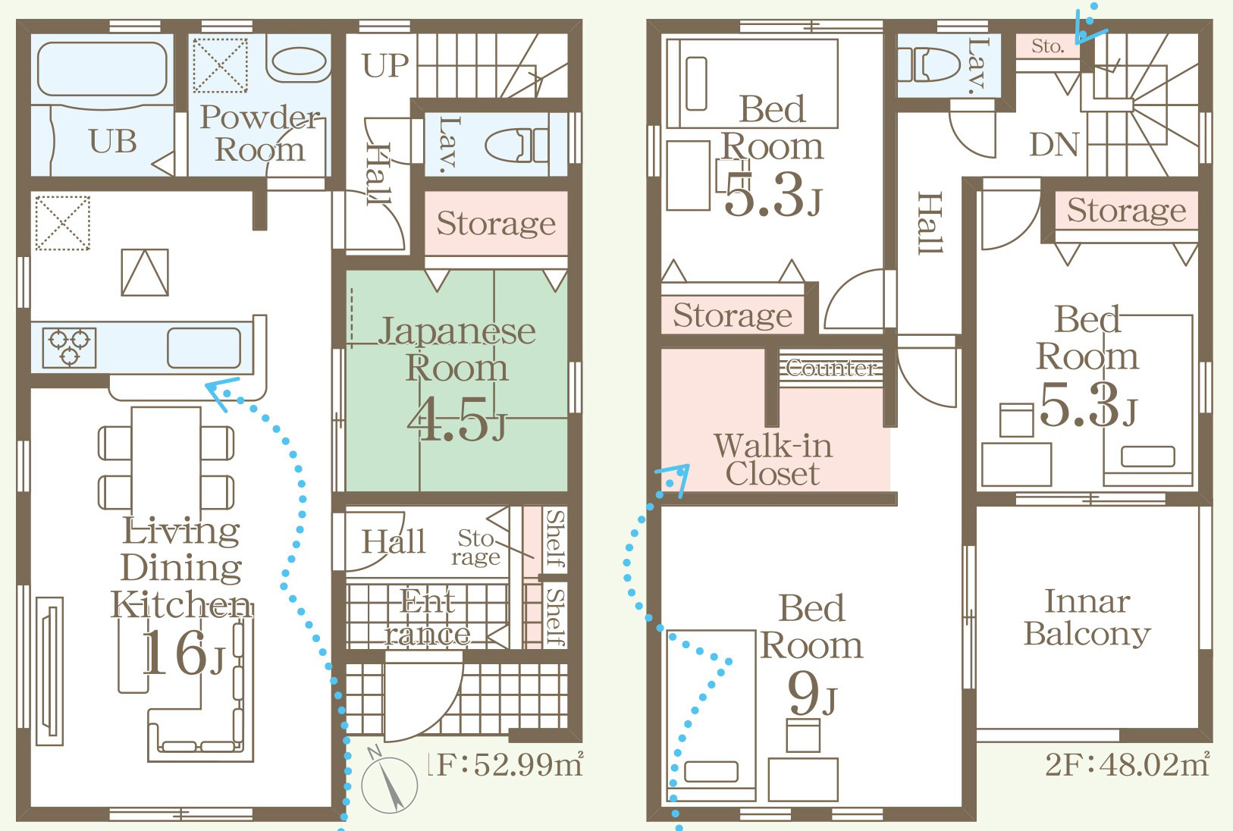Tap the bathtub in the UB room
(102, 70)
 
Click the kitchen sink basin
(204, 348)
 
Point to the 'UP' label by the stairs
(385, 65)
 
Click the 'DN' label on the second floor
(1054, 146)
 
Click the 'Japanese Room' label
(456, 350)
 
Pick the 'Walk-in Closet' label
(773, 459)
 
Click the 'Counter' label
(831, 368)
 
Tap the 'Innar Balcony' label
(1087, 617)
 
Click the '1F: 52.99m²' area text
(505, 764)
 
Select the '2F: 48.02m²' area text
(1127, 764)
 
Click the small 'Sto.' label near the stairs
(1047, 46)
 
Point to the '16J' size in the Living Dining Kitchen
(183, 652)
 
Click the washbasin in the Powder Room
(299, 61)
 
